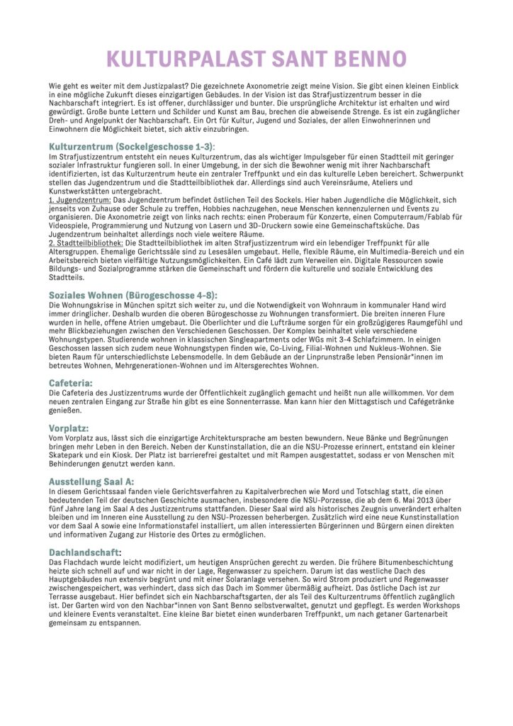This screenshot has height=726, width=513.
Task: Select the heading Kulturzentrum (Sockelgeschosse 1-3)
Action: click(124, 145)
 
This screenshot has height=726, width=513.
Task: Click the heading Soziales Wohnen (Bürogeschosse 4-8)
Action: click(133, 294)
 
